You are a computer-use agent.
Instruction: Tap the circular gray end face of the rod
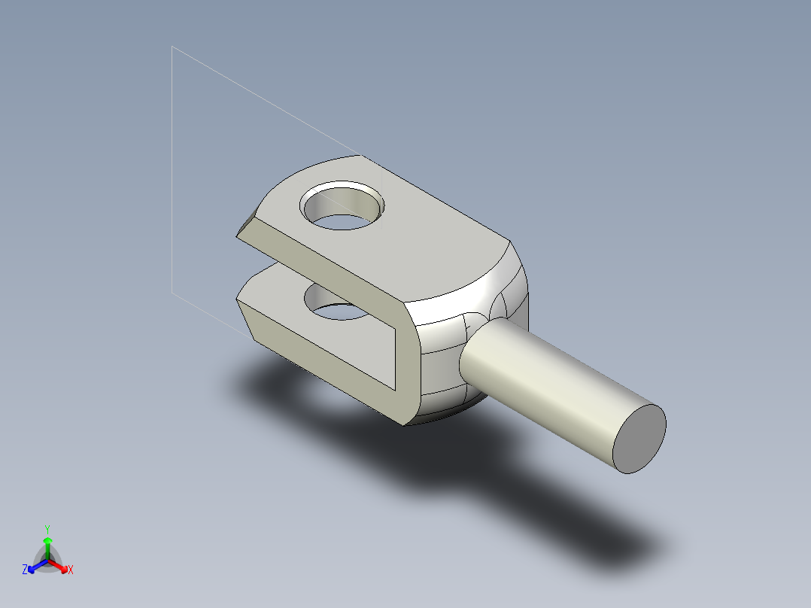pos(639,439)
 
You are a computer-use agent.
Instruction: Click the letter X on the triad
pos(71,570)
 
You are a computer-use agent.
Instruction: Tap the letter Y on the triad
pos(47,529)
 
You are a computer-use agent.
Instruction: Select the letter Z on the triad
pos(25,570)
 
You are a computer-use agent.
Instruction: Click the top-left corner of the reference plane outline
pos(172,47)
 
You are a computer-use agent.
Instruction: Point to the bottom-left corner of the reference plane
pos(172,292)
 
